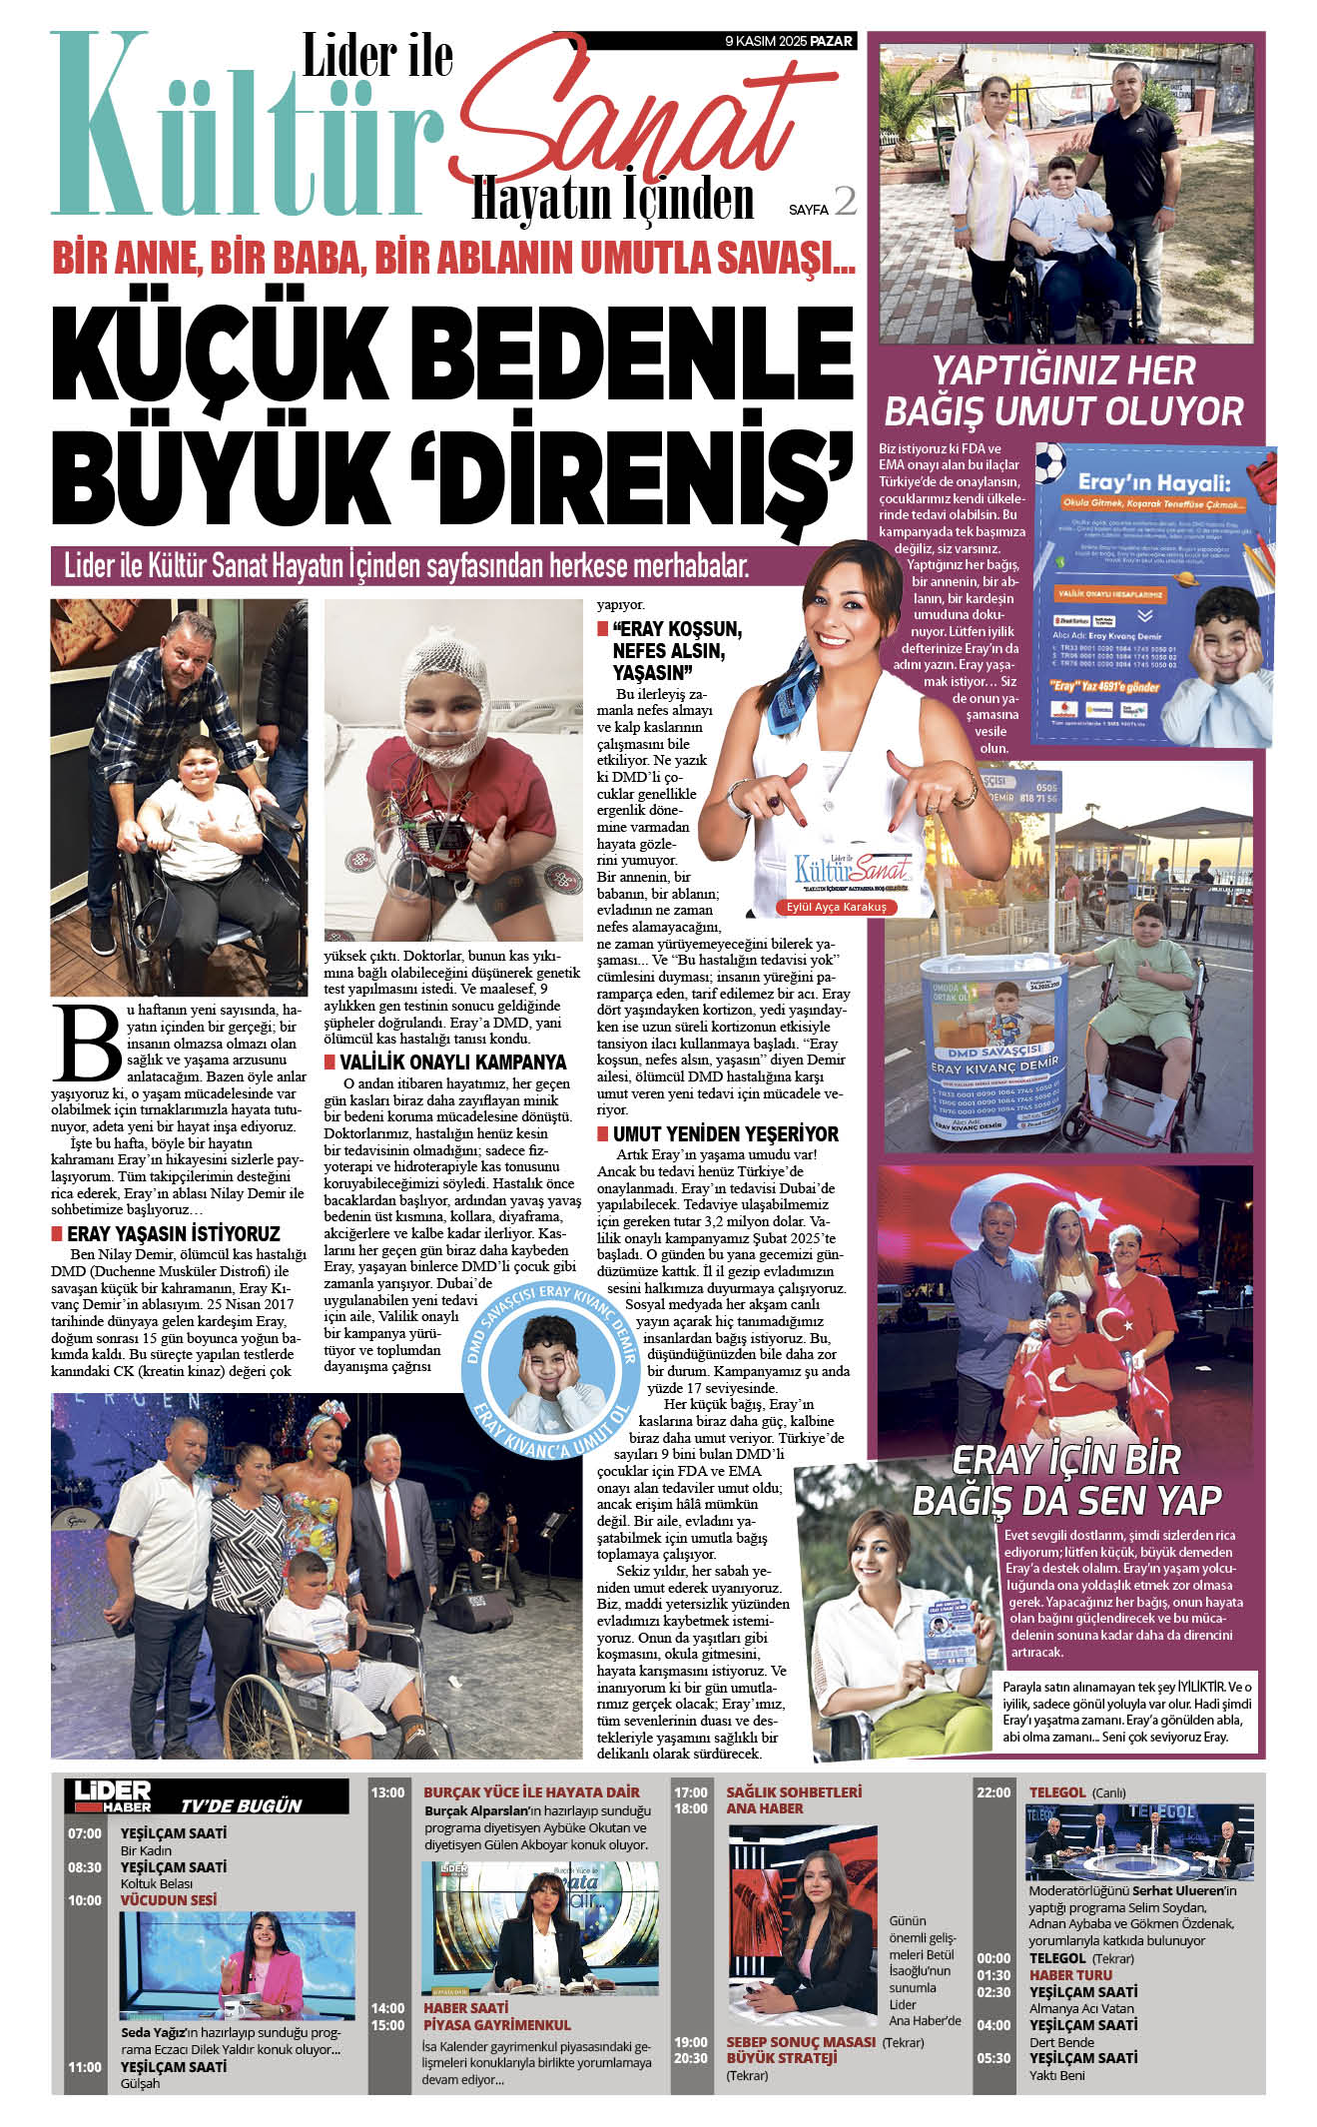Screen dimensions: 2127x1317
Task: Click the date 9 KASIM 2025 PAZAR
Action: point(789,41)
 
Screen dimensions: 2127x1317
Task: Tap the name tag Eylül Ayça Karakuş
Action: point(836,907)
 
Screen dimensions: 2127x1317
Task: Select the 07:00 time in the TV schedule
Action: point(85,1833)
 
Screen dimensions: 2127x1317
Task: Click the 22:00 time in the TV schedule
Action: point(993,1792)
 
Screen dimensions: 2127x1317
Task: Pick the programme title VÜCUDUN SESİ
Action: point(168,1899)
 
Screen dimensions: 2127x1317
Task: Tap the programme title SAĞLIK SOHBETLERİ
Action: point(793,1792)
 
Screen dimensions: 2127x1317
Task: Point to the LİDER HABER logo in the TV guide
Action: point(113,1794)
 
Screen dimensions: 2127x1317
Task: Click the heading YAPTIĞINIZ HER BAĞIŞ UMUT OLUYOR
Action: point(1063,390)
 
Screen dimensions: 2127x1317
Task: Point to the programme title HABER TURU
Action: point(1070,1974)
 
